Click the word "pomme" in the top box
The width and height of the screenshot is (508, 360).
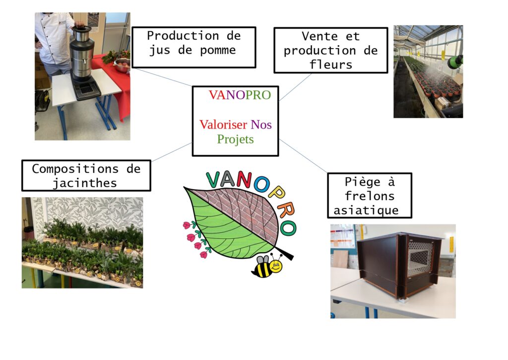click(x=218, y=51)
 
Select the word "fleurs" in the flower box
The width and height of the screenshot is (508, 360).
click(x=331, y=65)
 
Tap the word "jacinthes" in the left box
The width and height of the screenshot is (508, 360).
click(x=85, y=184)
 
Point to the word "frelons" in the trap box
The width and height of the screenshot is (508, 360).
click(x=370, y=196)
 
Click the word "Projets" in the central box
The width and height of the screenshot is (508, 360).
click(x=235, y=139)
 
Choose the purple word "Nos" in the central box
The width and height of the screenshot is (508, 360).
click(x=261, y=125)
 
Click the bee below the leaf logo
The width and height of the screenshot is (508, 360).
click(x=267, y=266)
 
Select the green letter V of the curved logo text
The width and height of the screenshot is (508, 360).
click(x=213, y=180)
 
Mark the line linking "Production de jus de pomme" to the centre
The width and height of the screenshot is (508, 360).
click(x=162, y=77)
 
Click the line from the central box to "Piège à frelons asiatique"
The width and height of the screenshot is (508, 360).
click(x=303, y=156)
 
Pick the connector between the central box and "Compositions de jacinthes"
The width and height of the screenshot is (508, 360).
click(x=171, y=152)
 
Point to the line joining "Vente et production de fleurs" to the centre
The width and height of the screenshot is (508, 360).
click(x=295, y=87)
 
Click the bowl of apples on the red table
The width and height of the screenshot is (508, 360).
click(x=122, y=65)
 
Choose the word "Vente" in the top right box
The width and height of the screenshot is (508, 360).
click(x=319, y=36)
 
